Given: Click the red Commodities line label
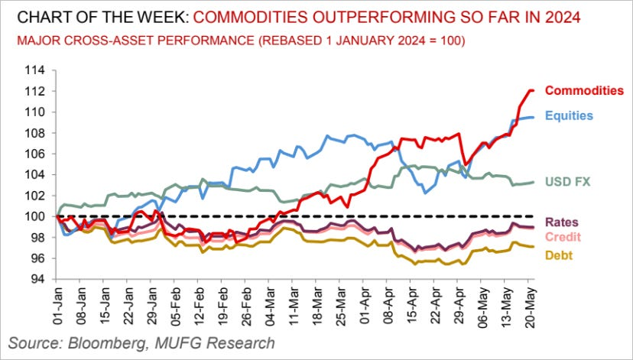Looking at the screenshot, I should [x=584, y=91].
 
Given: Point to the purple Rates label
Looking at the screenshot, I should [x=564, y=222].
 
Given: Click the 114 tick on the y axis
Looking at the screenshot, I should [x=36, y=70].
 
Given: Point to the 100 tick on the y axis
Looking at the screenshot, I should [x=36, y=216].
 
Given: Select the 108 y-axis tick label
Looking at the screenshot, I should [x=36, y=133].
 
